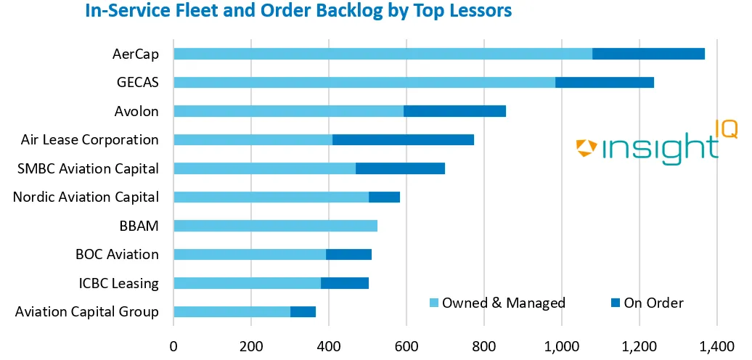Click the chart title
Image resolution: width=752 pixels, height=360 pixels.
pyautogui.click(x=298, y=12)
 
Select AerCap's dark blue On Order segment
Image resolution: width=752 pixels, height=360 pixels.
pyautogui.click(x=648, y=54)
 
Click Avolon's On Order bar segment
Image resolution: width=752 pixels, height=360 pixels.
pyautogui.click(x=454, y=111)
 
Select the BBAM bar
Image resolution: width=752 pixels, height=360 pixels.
pyautogui.click(x=276, y=226)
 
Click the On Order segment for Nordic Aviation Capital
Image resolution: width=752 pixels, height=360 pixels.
pyautogui.click(x=384, y=197)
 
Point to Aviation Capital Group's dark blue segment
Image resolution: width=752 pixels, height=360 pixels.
pyautogui.click(x=303, y=311)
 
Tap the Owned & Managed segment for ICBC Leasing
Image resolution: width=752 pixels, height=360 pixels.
pyautogui.click(x=248, y=283)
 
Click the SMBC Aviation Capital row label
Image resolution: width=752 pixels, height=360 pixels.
pyautogui.click(x=88, y=168)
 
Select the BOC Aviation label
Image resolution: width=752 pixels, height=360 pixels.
pyautogui.click(x=117, y=254)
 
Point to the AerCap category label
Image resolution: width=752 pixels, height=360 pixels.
pyautogui.click(x=136, y=54)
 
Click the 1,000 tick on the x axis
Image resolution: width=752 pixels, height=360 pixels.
pyautogui.click(x=562, y=345)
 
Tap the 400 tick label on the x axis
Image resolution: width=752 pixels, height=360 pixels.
pyautogui.click(x=329, y=345)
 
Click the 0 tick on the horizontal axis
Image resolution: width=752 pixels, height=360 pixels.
pyautogui.click(x=173, y=345)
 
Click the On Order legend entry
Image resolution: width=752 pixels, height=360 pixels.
pyautogui.click(x=646, y=303)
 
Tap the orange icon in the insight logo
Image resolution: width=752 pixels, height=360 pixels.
pyautogui.click(x=587, y=148)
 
